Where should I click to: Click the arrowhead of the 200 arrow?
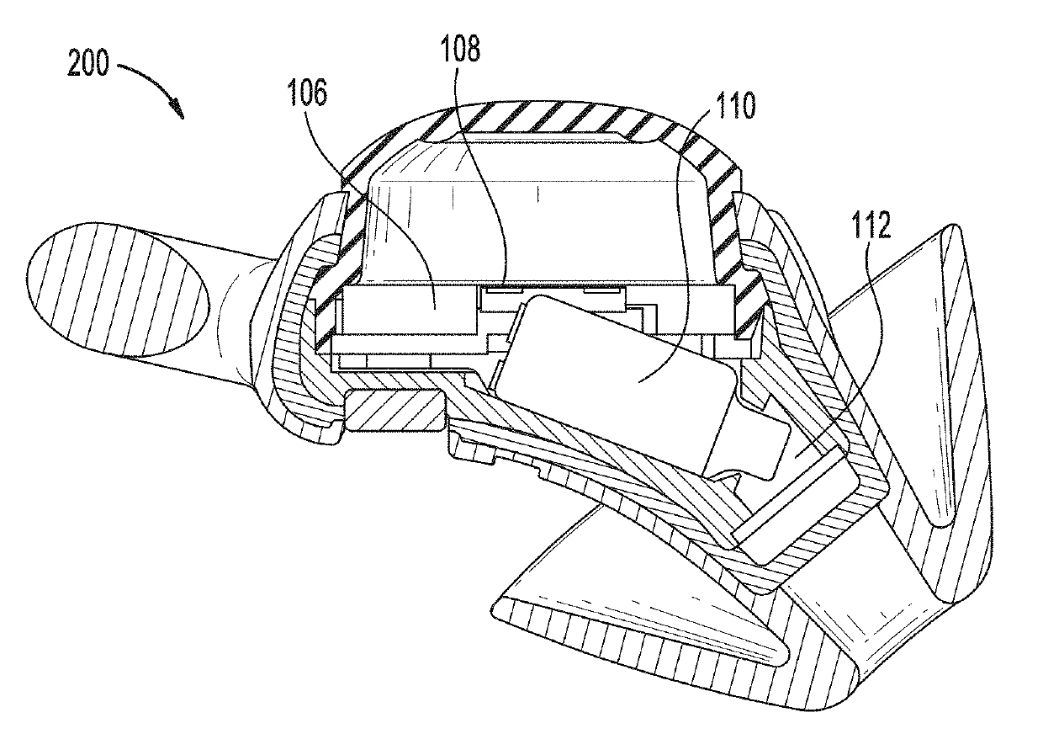[x=178, y=110]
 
